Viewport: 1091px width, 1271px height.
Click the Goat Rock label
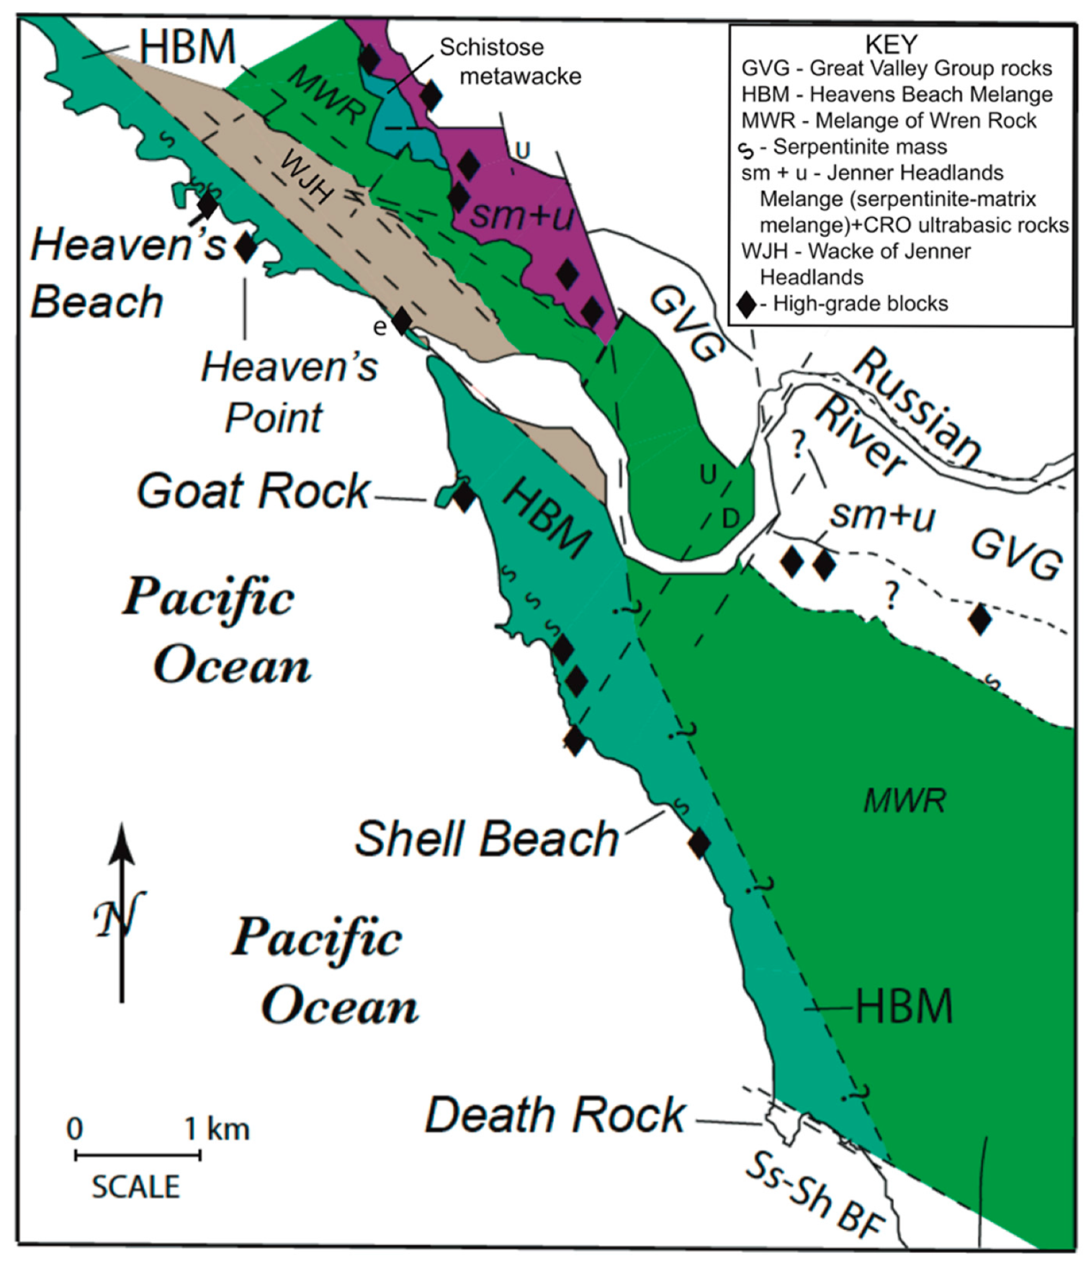pos(253,492)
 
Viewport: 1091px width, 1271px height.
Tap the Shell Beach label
pos(486,838)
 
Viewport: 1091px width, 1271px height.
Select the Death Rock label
pos(555,1116)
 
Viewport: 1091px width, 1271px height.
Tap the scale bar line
pos(137,1156)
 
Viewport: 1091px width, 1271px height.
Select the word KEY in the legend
pos(891,44)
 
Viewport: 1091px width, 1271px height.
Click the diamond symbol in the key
pos(747,304)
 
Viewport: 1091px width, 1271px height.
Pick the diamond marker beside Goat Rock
pos(464,496)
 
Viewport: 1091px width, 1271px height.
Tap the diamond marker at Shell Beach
pos(700,843)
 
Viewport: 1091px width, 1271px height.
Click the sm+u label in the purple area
pos(521,215)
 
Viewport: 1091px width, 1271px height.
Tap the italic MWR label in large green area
pos(904,802)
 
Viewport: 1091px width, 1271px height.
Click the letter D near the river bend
pos(730,518)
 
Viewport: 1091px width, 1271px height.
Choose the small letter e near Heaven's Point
pos(379,327)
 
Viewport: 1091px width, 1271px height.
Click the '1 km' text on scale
pos(217,1129)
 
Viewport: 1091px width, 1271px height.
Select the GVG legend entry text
pos(896,69)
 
